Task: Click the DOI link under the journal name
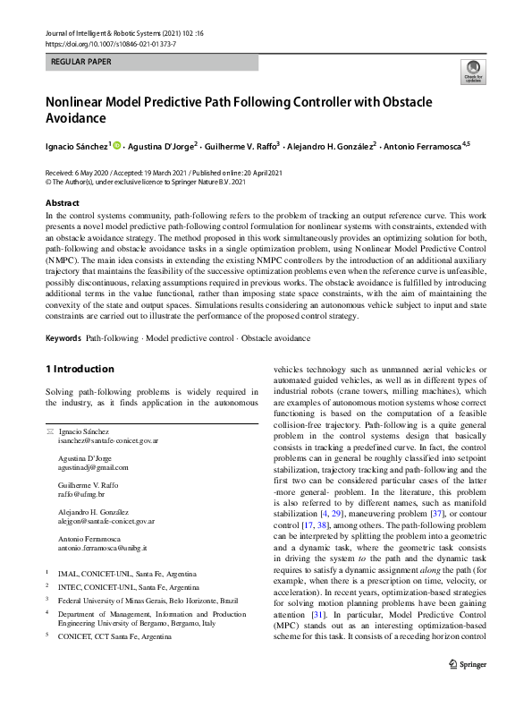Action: (99, 42)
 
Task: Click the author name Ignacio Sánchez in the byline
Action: (77, 144)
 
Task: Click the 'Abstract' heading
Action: (63, 203)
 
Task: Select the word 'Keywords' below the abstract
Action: (63, 338)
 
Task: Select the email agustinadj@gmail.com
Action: (93, 467)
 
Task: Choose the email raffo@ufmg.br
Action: (81, 493)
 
